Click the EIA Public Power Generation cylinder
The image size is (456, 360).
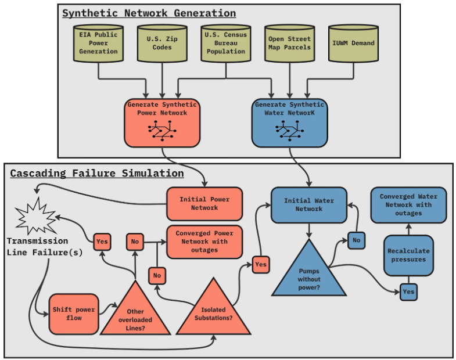pyautogui.click(x=98, y=44)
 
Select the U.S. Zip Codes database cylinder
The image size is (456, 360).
pyautogui.click(x=162, y=44)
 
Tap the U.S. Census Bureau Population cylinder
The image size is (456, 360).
pyautogui.click(x=226, y=44)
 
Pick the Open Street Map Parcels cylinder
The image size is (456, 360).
pyautogui.click(x=289, y=44)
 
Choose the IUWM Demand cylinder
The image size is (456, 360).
pyautogui.click(x=353, y=44)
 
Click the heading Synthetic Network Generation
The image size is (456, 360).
pyautogui.click(x=149, y=13)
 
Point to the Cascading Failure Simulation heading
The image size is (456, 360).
pyautogui.click(x=96, y=173)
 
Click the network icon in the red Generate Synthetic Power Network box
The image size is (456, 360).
pyautogui.click(x=161, y=132)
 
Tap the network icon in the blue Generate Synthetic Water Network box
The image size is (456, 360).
pyautogui.click(x=289, y=132)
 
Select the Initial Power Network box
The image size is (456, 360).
pyautogui.click(x=204, y=204)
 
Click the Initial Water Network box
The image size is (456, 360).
pyautogui.click(x=309, y=205)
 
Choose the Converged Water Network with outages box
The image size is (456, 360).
pyautogui.click(x=408, y=205)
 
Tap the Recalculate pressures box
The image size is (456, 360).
pyautogui.click(x=408, y=255)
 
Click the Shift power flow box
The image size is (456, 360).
pyautogui.click(x=73, y=314)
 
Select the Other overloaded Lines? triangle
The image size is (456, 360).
pyautogui.click(x=135, y=314)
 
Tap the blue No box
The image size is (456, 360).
pyautogui.click(x=356, y=240)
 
